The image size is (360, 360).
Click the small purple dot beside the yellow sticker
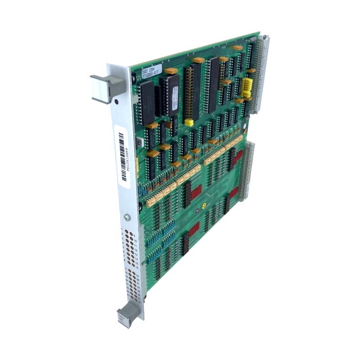pyautogui.click(x=196, y=210)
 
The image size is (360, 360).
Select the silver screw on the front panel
pyautogui.click(x=127, y=217)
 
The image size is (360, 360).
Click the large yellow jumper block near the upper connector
pyautogui.click(x=247, y=88)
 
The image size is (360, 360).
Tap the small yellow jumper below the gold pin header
pyautogui.click(x=189, y=122)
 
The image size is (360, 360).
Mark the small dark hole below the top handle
pyautogui.click(x=117, y=102)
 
